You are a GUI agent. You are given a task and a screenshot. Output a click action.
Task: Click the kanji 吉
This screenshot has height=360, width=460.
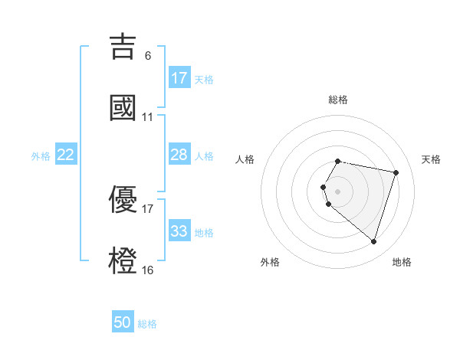click(123, 46)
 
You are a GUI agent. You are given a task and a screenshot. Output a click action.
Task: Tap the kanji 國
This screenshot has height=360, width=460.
click(123, 107)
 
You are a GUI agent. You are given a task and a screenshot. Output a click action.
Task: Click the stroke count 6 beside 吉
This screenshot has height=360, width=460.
click(148, 56)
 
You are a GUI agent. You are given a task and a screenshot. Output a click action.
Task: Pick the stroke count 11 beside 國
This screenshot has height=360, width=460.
click(148, 117)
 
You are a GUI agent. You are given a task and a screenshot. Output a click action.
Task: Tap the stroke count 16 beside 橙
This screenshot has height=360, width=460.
click(148, 270)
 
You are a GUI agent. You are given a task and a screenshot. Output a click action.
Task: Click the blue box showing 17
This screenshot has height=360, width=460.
click(179, 78)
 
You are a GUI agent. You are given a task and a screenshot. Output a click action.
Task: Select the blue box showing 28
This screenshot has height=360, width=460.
click(179, 155)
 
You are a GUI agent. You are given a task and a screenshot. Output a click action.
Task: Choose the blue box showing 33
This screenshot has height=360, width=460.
click(179, 231)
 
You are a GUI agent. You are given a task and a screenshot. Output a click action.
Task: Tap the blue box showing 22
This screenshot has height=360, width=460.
click(66, 155)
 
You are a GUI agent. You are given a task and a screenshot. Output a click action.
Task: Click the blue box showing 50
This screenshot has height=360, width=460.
click(123, 322)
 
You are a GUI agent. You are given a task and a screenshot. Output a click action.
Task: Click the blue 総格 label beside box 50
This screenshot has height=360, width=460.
click(147, 324)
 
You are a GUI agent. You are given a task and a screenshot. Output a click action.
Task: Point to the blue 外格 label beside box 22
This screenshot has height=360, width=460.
click(41, 156)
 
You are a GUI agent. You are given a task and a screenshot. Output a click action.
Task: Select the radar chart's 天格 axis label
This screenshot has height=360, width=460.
click(431, 159)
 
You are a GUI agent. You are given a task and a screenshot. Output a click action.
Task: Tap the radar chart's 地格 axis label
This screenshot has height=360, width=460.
click(402, 262)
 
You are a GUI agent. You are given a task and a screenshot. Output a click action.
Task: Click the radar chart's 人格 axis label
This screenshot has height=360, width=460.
click(245, 159)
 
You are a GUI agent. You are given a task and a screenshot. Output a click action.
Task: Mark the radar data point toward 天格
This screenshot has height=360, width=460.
click(396, 172)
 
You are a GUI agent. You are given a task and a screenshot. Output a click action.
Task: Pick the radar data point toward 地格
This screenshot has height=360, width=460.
click(373, 241)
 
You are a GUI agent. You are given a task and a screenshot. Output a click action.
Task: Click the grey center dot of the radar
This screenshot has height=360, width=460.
click(338, 191)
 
